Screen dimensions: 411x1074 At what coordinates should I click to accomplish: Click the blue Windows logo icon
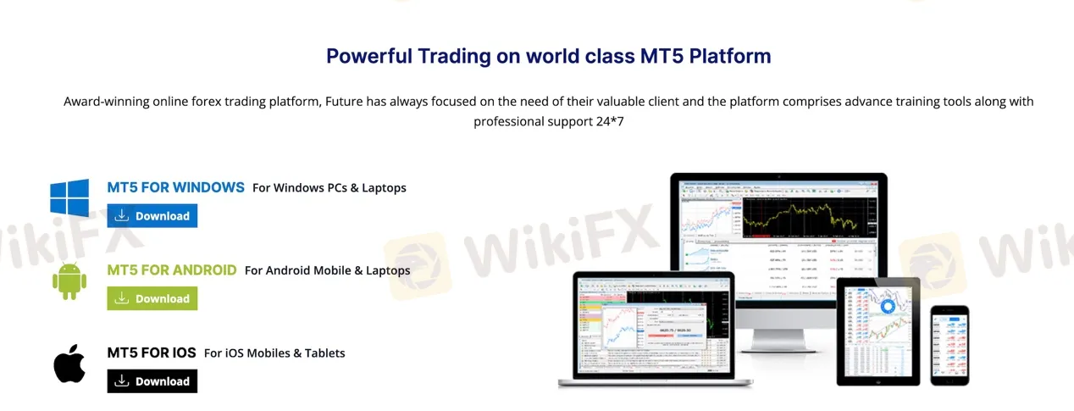69,197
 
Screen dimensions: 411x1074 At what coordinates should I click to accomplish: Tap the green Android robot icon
69,280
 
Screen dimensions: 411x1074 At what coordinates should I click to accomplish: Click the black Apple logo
69,364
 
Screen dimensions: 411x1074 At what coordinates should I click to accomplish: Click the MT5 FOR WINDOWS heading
175,187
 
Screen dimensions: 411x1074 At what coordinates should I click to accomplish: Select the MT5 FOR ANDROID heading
172,270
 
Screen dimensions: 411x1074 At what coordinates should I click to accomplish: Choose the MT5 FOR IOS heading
152,353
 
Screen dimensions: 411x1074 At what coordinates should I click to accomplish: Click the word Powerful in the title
368,56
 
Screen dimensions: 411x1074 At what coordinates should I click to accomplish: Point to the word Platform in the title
729,56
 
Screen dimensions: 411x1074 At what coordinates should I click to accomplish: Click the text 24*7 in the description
610,121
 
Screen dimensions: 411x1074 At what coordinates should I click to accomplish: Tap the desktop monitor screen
778,219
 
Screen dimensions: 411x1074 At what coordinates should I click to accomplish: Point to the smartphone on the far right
949,343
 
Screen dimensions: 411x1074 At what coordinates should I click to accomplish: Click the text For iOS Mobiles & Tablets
274,353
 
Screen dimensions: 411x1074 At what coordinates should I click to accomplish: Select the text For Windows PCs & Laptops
329,188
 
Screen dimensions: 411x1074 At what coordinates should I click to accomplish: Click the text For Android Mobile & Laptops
327,271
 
